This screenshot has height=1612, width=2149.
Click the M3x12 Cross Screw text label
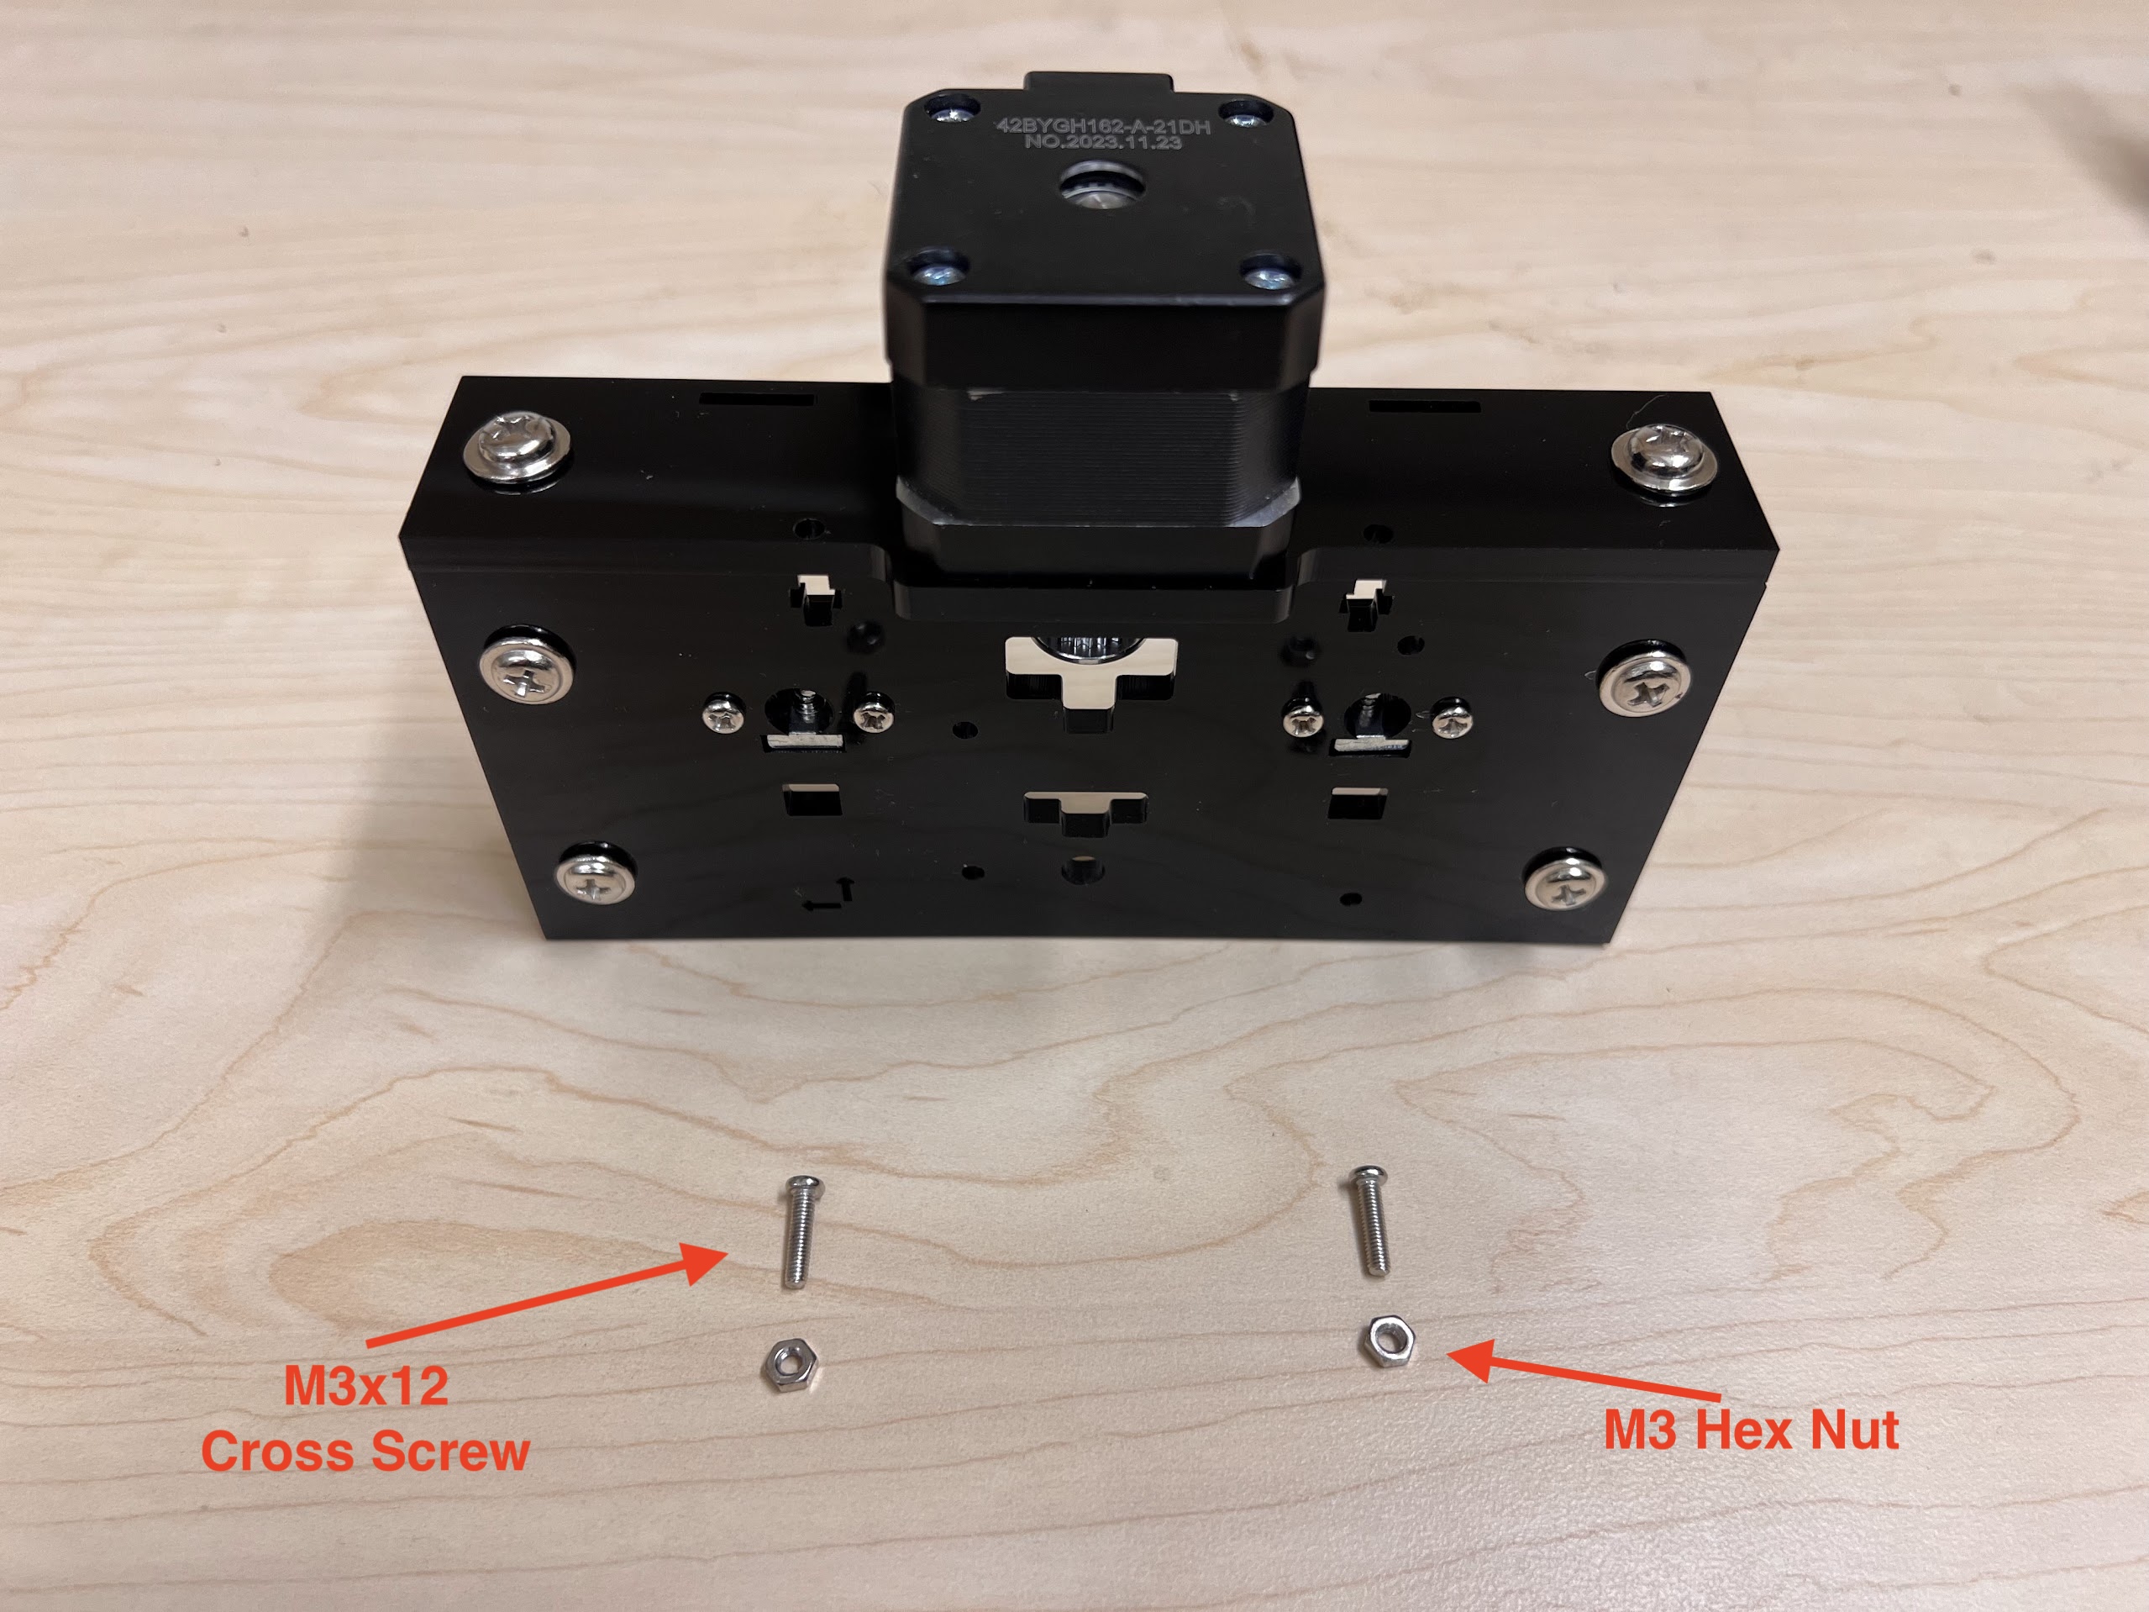pos(365,1418)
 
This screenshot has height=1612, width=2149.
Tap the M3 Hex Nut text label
pos(1751,1430)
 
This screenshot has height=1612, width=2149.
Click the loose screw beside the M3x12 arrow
pos(800,1230)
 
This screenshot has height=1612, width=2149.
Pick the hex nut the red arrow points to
pos(1385,1342)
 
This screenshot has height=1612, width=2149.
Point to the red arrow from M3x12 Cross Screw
pos(546,1293)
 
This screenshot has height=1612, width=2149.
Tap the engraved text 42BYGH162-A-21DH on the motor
pos(1103,126)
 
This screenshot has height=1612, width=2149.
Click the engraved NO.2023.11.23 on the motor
pos(1103,142)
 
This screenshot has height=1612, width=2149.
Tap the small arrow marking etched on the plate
pos(827,896)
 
